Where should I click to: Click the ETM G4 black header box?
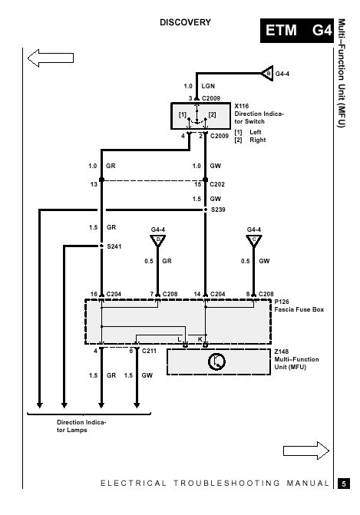point(297,31)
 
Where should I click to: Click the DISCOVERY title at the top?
point(185,22)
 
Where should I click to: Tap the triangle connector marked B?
point(267,73)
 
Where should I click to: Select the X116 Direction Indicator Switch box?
point(200,116)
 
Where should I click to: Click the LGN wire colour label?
point(208,86)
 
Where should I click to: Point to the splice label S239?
point(218,210)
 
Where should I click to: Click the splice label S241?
point(114,246)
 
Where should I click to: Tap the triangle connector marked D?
point(157,240)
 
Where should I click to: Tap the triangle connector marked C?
point(254,240)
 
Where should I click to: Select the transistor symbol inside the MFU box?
point(216,361)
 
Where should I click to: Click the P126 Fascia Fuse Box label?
point(299,305)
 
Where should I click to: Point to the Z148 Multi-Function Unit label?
point(296,359)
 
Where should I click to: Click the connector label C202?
point(217,184)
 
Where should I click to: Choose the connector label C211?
point(149,351)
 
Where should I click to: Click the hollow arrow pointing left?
point(51,58)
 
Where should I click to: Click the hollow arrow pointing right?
point(306,451)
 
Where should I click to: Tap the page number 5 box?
point(344,484)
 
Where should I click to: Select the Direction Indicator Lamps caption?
point(81,426)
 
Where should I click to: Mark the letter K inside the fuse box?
point(200,339)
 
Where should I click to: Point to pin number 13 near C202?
point(94,184)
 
